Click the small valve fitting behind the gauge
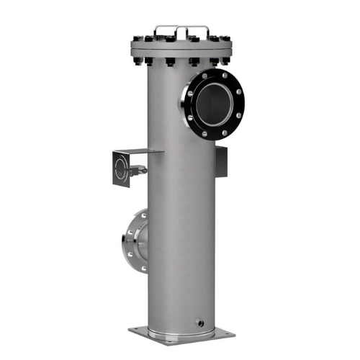[140, 171]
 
